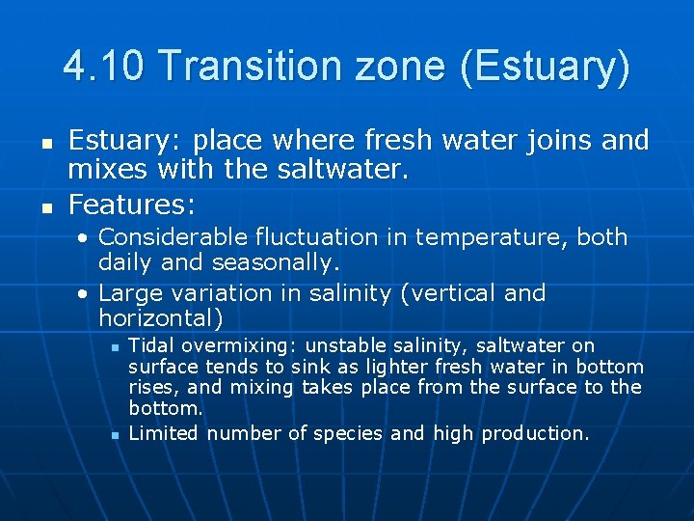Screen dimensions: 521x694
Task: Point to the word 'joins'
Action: click(x=550, y=141)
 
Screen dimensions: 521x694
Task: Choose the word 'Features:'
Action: click(x=132, y=205)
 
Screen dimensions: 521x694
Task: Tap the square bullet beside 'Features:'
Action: click(x=44, y=206)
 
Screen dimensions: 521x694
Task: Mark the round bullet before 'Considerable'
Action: click(x=85, y=238)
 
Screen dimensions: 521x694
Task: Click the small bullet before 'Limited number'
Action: click(x=114, y=435)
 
